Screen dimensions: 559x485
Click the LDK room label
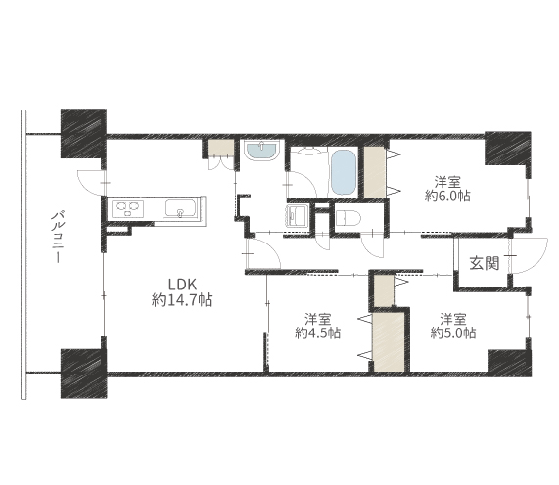182,285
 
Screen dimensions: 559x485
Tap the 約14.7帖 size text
182,300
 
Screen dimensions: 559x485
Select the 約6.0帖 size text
447,196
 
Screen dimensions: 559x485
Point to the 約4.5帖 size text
317,332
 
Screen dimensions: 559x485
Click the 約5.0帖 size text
452,332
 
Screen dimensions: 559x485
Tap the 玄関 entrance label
485,263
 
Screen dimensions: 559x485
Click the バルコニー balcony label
57,238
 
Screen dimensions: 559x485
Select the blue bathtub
344,172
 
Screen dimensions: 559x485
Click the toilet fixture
349,218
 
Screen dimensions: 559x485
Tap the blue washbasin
261,151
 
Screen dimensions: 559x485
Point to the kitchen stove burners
127,208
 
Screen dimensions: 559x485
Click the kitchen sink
180,208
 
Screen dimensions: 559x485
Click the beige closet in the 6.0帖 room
374,172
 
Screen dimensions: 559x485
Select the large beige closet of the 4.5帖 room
389,341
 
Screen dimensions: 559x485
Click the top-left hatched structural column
84,133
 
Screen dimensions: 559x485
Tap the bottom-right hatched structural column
509,363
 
